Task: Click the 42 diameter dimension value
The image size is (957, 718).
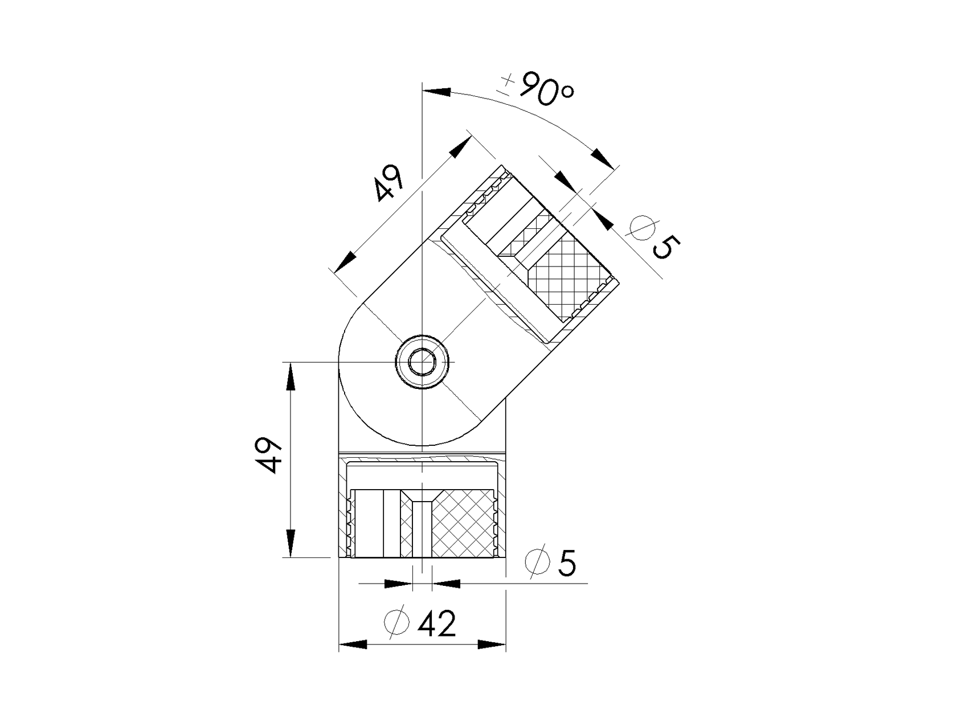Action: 437,624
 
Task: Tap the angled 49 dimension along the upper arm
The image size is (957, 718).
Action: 389,183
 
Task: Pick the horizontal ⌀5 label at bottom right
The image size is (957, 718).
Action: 550,563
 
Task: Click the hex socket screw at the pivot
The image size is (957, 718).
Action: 422,362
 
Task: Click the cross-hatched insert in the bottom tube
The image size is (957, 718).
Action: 462,523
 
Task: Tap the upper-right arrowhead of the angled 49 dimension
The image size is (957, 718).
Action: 458,147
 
